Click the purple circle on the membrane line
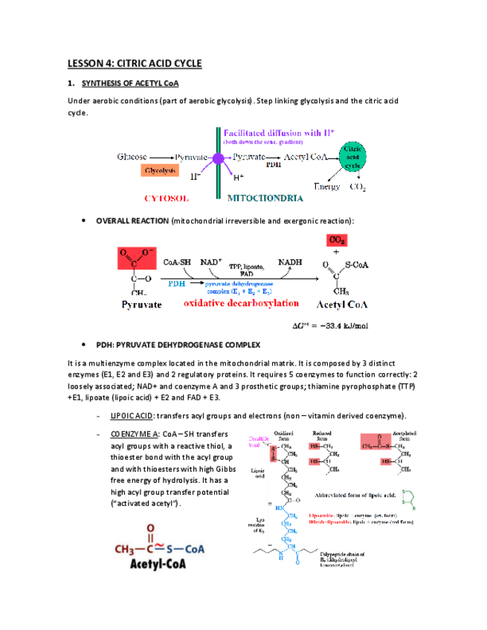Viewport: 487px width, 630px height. pyautogui.click(x=218, y=158)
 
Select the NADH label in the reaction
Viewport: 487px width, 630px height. pyautogui.click(x=290, y=262)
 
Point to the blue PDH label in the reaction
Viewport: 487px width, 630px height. pyautogui.click(x=178, y=283)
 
